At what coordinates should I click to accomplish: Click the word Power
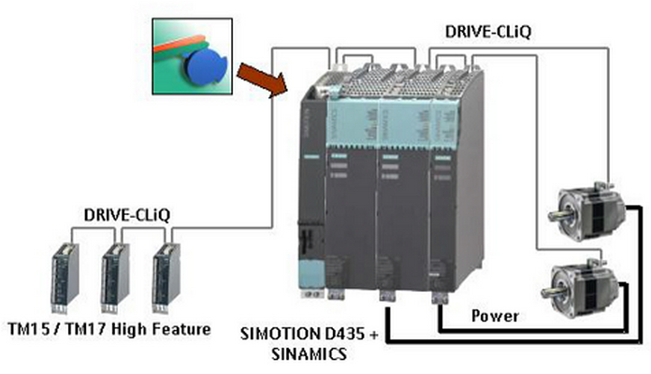tap(495, 316)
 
